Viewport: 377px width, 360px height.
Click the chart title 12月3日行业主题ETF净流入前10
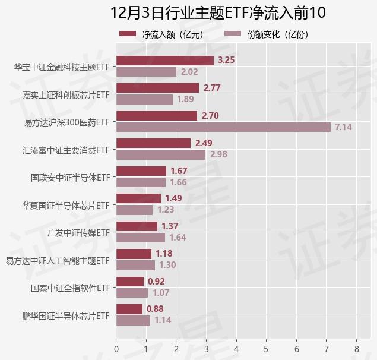click(x=218, y=12)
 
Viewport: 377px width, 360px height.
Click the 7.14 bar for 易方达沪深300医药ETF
click(x=223, y=127)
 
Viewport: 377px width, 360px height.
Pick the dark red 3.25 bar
click(x=164, y=60)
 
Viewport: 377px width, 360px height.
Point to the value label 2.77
click(x=212, y=88)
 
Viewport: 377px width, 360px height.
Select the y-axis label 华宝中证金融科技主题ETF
click(x=62, y=67)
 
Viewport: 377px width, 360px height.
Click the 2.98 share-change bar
click(x=161, y=154)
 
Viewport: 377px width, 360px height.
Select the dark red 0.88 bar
click(x=129, y=309)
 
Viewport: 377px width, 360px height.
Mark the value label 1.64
click(x=178, y=238)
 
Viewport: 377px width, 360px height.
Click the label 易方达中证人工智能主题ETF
click(x=58, y=260)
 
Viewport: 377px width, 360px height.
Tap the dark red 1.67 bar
click(x=141, y=171)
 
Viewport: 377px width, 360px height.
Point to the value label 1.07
click(x=161, y=293)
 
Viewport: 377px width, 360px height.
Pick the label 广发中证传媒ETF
click(x=79, y=232)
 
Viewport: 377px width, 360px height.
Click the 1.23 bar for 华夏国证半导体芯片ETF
click(x=135, y=210)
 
